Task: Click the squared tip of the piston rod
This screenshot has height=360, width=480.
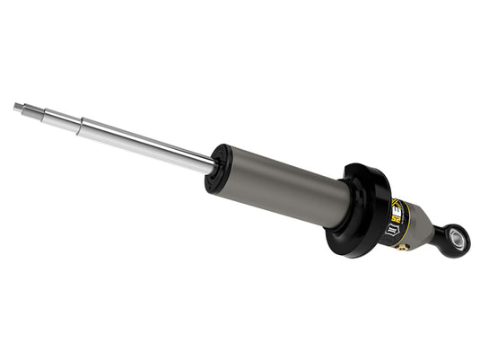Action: (17, 106)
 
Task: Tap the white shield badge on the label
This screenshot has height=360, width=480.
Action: (392, 231)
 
